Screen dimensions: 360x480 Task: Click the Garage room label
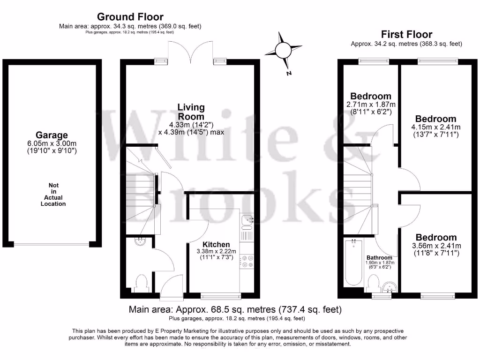pyautogui.click(x=52, y=135)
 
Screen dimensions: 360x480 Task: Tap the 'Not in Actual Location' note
pyautogui.click(x=53, y=195)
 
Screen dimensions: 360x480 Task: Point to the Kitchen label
pyautogui.click(x=216, y=244)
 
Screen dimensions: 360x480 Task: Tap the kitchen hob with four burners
pyautogui.click(x=247, y=262)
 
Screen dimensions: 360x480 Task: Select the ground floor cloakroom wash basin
pyautogui.click(x=140, y=242)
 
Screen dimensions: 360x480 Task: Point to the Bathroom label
pyautogui.click(x=379, y=258)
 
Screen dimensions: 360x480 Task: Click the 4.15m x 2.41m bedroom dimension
pyautogui.click(x=436, y=127)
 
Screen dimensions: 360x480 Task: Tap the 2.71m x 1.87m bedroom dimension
pyautogui.click(x=371, y=104)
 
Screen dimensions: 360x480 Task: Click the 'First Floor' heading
pyautogui.click(x=406, y=34)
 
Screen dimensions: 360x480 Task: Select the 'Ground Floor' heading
pyautogui.click(x=130, y=17)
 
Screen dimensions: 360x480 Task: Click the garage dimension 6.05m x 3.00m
pyautogui.click(x=52, y=143)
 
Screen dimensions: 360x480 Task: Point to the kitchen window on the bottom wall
pyautogui.click(x=221, y=296)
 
